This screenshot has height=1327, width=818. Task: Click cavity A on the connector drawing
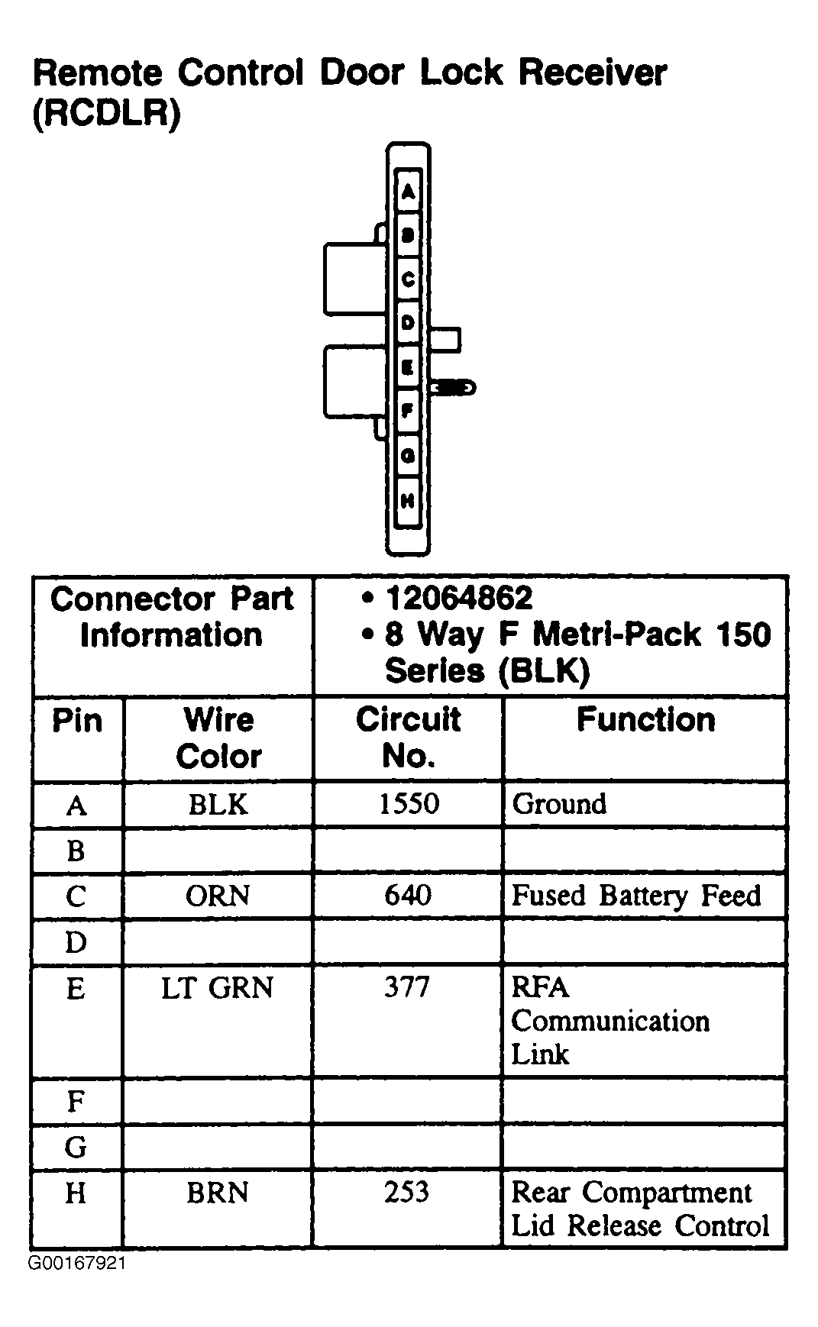[409, 191]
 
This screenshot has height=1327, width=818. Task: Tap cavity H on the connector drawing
[408, 502]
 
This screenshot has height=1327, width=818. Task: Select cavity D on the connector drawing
[408, 323]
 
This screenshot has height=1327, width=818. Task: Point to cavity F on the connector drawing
[408, 412]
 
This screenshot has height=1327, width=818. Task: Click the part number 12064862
[459, 599]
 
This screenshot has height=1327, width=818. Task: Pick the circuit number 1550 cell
[409, 804]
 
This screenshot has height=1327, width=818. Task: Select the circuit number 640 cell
[408, 895]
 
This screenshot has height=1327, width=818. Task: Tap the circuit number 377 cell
[407, 987]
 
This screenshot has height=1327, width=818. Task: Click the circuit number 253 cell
[407, 1193]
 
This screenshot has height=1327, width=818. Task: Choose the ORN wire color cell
[218, 896]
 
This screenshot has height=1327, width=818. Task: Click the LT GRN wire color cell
[218, 988]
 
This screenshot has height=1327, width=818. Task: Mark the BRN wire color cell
[218, 1193]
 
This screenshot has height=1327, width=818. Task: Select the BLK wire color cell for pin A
[218, 804]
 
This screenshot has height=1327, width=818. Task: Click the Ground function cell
[560, 804]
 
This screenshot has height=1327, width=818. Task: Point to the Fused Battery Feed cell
[635, 896]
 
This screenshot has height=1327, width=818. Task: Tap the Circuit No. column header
[409, 738]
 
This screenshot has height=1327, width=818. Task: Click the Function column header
[645, 720]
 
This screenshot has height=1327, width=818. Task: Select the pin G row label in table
[76, 1147]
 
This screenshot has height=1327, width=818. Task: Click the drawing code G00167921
[77, 1263]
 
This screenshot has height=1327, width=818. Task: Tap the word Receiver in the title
[593, 73]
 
